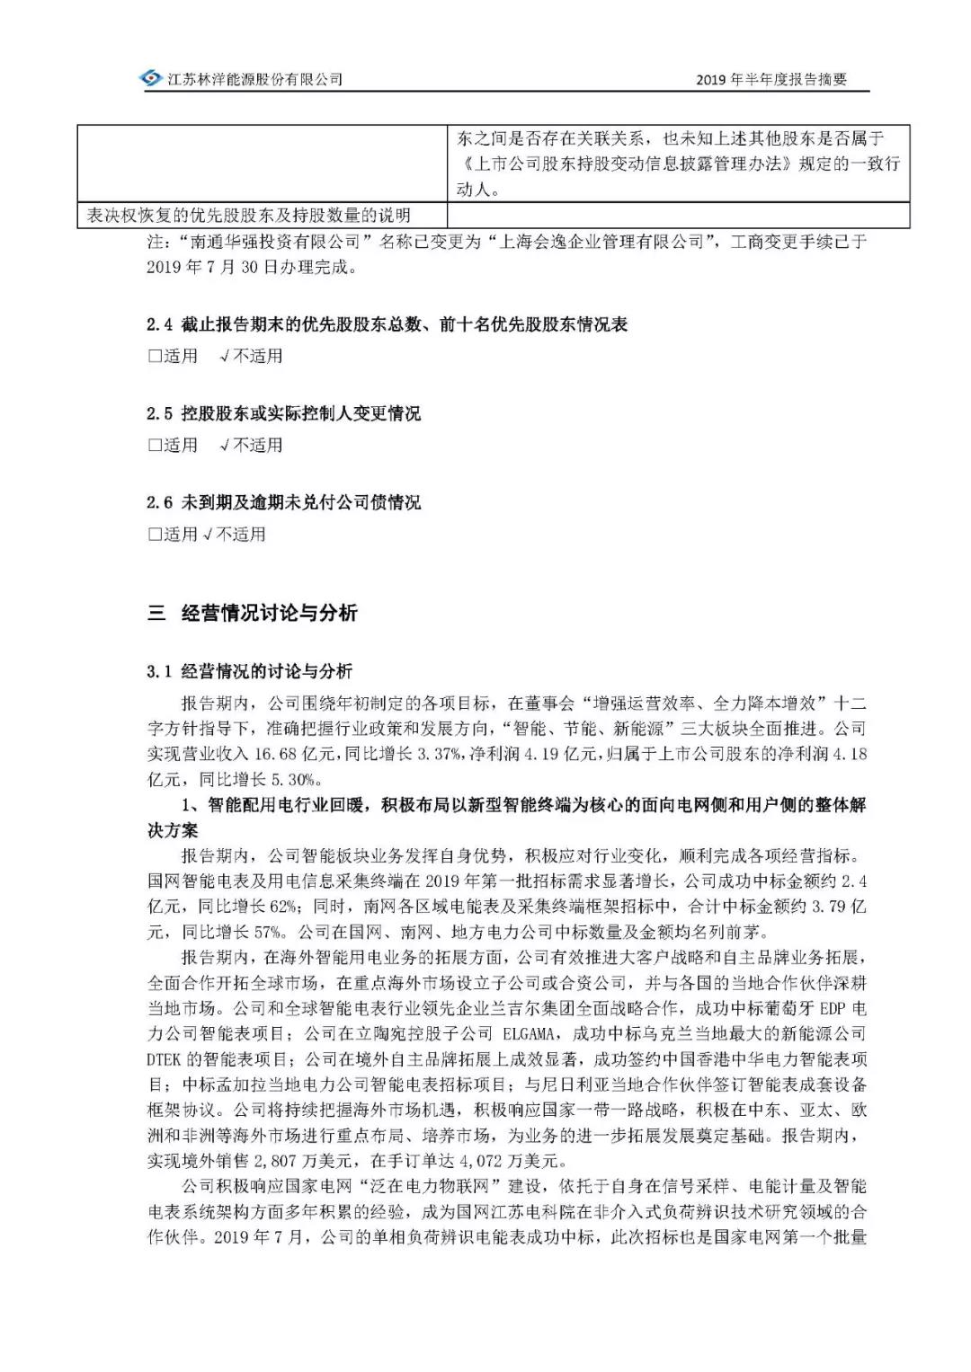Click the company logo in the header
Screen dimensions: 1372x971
151,79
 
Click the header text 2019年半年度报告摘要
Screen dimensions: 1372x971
771,80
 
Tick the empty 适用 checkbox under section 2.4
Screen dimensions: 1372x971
156,357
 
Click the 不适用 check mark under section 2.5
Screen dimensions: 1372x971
224,446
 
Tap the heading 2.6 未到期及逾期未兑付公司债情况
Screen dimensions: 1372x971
283,502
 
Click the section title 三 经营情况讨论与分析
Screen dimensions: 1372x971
253,614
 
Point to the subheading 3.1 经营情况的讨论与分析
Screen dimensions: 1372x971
250,671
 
